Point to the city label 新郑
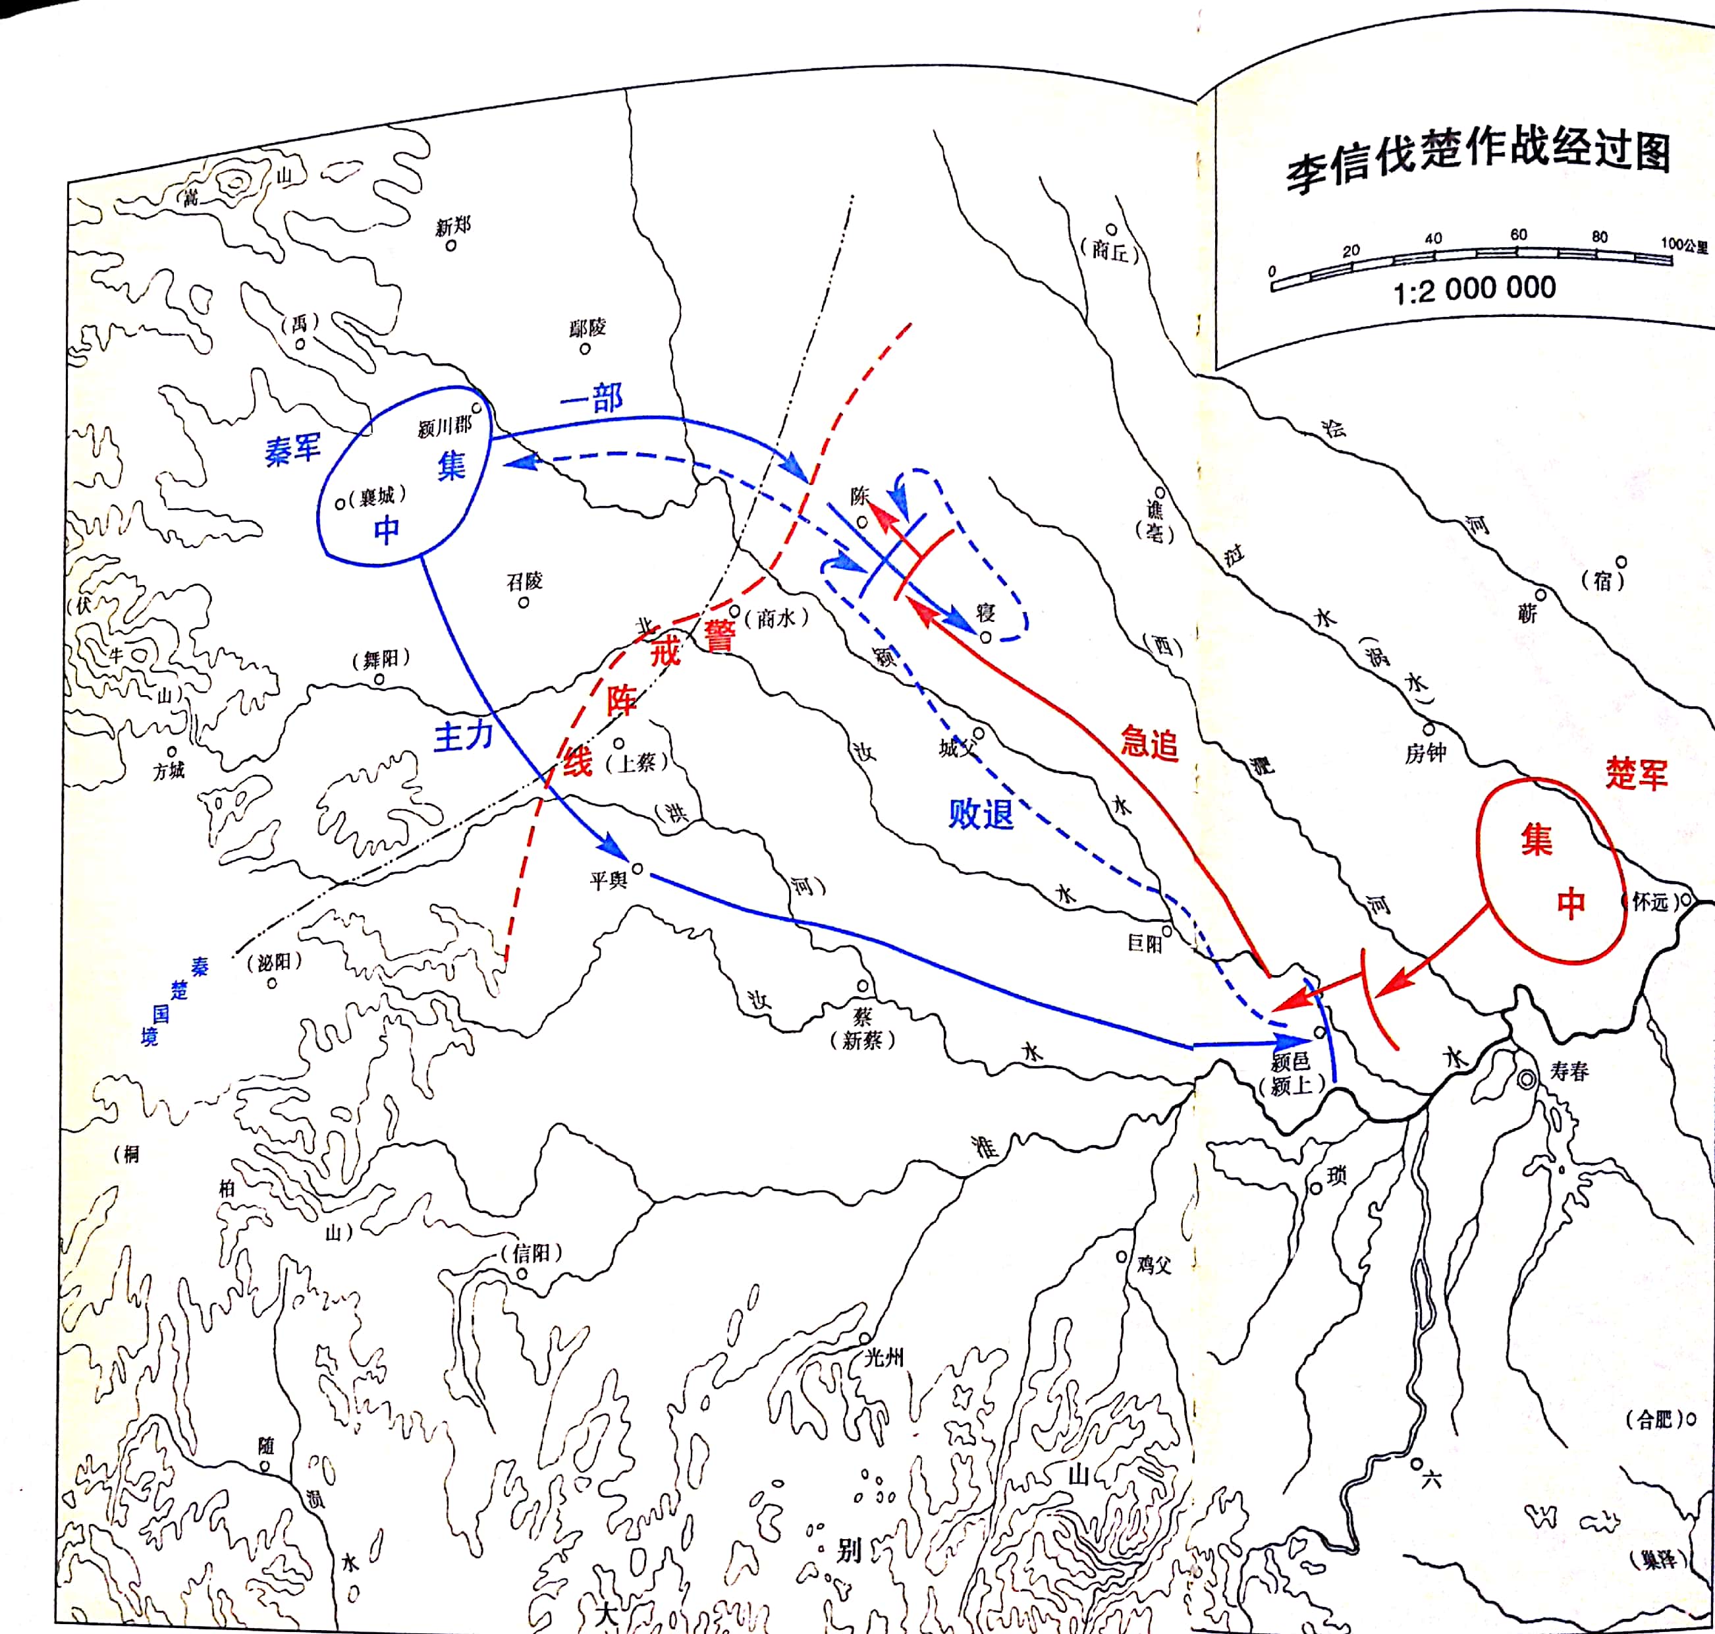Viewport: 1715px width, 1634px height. click(x=452, y=227)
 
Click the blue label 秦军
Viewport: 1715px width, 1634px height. click(x=292, y=450)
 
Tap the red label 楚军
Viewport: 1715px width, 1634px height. click(x=1637, y=774)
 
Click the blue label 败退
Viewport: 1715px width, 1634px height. click(x=981, y=814)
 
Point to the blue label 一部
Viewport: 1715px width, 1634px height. click(x=592, y=399)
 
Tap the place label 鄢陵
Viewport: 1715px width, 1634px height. click(x=587, y=327)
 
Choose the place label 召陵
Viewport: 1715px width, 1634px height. click(x=525, y=581)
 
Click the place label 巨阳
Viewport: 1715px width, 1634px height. click(x=1145, y=944)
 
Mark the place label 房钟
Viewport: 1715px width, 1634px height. click(x=1425, y=753)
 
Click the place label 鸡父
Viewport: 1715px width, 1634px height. click(x=1153, y=1264)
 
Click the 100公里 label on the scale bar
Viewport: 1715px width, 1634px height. click(x=1683, y=244)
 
